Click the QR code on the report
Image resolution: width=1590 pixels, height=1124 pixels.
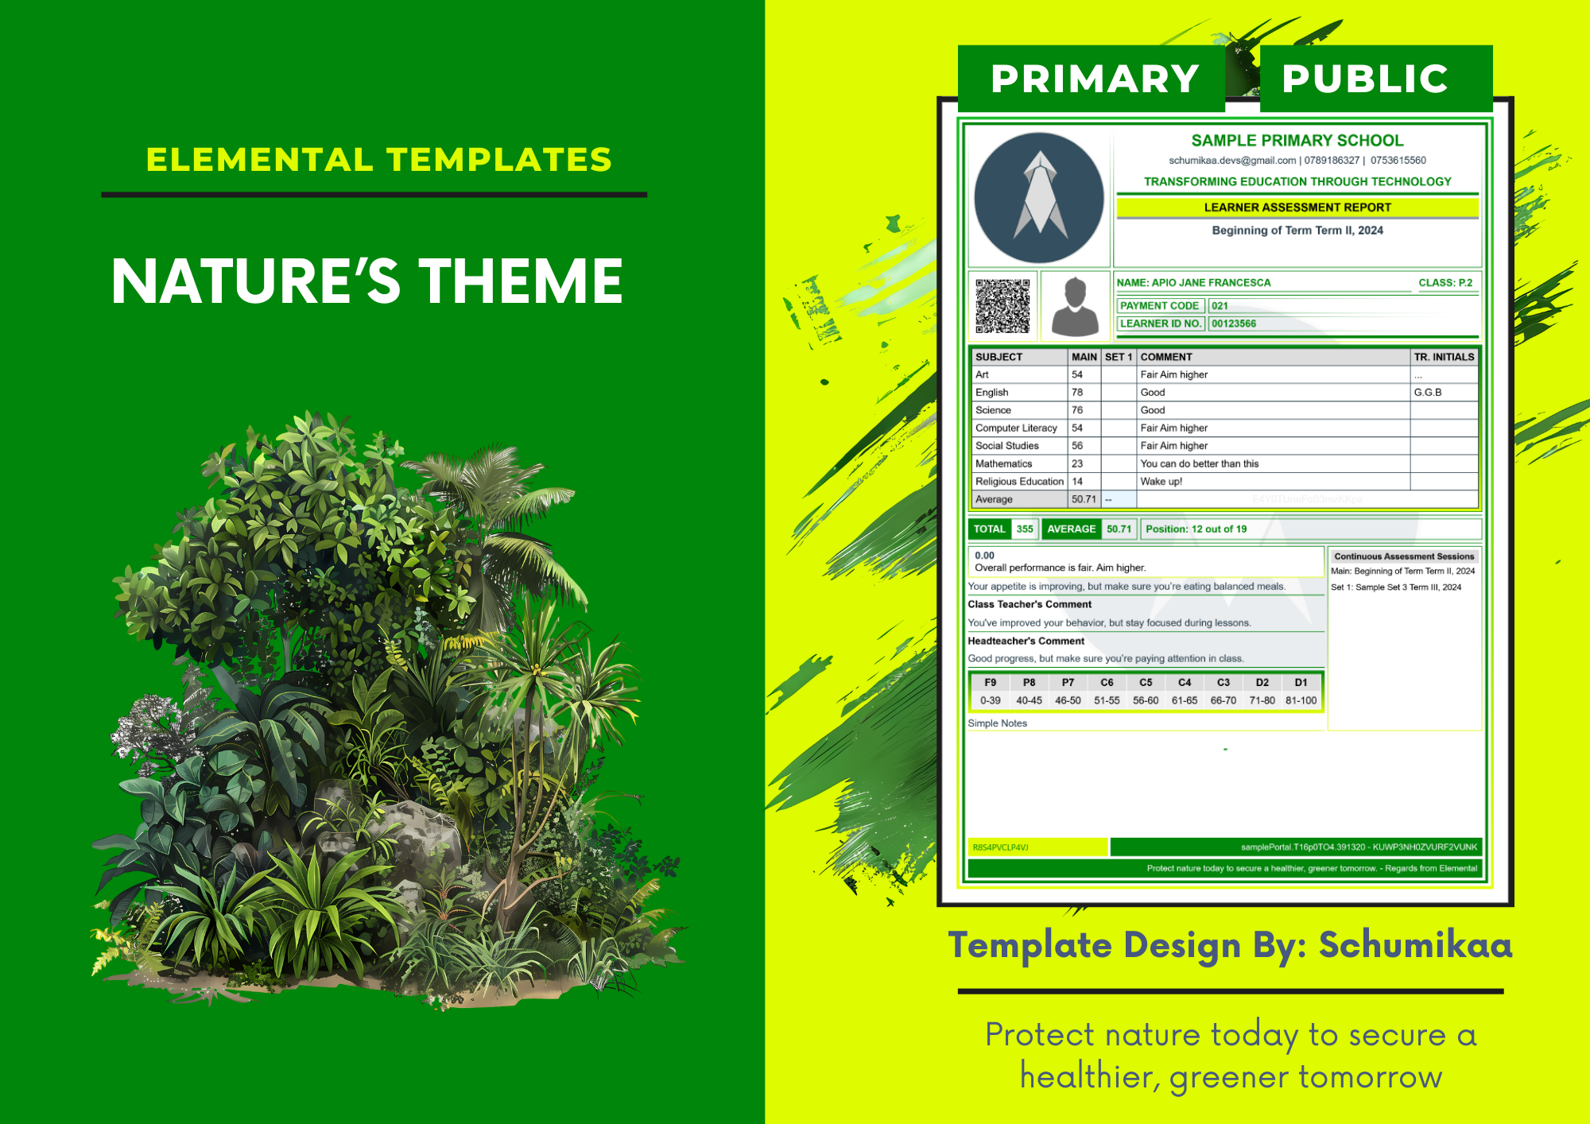[1002, 306]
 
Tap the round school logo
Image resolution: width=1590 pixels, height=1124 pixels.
[1038, 198]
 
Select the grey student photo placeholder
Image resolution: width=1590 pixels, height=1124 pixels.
[1075, 306]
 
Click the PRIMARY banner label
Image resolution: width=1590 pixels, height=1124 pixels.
[1095, 79]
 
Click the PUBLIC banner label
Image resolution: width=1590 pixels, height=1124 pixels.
[1365, 79]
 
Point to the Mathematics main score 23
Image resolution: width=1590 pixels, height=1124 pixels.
[1077, 463]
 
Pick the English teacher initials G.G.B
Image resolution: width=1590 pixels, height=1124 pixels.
[1428, 393]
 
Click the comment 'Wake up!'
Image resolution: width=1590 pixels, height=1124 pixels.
[1161, 482]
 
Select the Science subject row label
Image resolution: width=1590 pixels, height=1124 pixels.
[993, 410]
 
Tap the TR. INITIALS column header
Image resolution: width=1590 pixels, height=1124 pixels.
[1444, 357]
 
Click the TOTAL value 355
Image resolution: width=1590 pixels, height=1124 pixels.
[1025, 529]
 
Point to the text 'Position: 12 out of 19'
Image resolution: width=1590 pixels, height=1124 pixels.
[1196, 529]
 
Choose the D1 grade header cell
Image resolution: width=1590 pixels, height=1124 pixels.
[1301, 683]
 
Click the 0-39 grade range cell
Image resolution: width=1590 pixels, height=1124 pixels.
[990, 701]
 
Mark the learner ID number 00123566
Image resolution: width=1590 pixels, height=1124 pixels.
[1234, 324]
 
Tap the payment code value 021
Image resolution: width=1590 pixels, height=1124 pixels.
[1220, 306]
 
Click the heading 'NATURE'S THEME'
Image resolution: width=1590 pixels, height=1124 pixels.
[367, 281]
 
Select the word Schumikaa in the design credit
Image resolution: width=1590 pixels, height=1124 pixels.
[1415, 945]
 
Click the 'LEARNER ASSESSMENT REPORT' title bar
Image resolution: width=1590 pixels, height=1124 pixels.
[1297, 207]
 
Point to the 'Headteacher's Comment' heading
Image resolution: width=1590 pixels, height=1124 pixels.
[1026, 641]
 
